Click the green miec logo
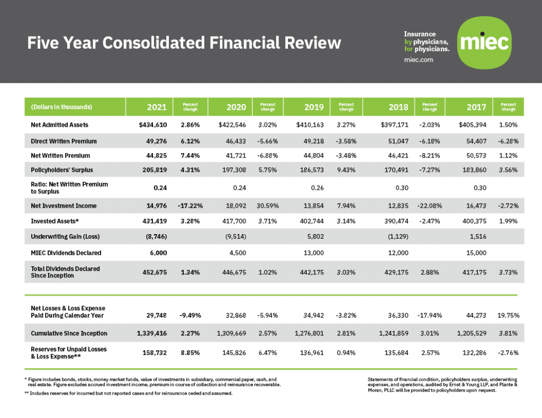pyautogui.click(x=486, y=42)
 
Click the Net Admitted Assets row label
pyautogui.click(x=59, y=125)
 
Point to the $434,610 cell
pyautogui.click(x=149, y=125)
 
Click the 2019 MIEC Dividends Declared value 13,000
pyautogui.click(x=314, y=253)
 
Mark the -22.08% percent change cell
pyautogui.click(x=430, y=206)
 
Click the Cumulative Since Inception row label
pyautogui.click(x=69, y=333)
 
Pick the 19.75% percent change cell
pyautogui.click(x=508, y=315)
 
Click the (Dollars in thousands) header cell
pyautogui.click(x=62, y=107)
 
